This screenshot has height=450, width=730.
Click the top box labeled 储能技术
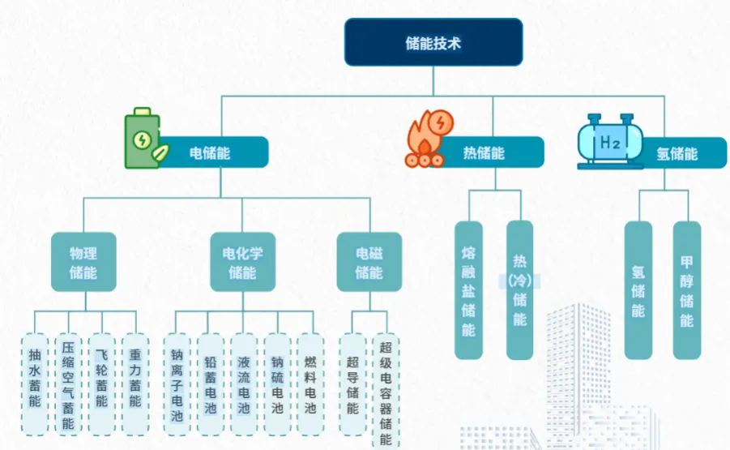pos(433,42)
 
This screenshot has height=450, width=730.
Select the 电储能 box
pos(212,152)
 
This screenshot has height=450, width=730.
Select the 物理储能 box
pos(83,262)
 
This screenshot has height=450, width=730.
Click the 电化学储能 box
pos(242,262)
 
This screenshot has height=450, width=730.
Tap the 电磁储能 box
pos(369,262)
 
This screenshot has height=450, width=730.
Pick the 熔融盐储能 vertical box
pos(468,289)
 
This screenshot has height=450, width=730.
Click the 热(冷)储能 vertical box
pos(519,289)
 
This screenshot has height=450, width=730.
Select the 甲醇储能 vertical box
pos(686,289)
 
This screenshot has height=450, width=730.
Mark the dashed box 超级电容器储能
pos(385,389)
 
